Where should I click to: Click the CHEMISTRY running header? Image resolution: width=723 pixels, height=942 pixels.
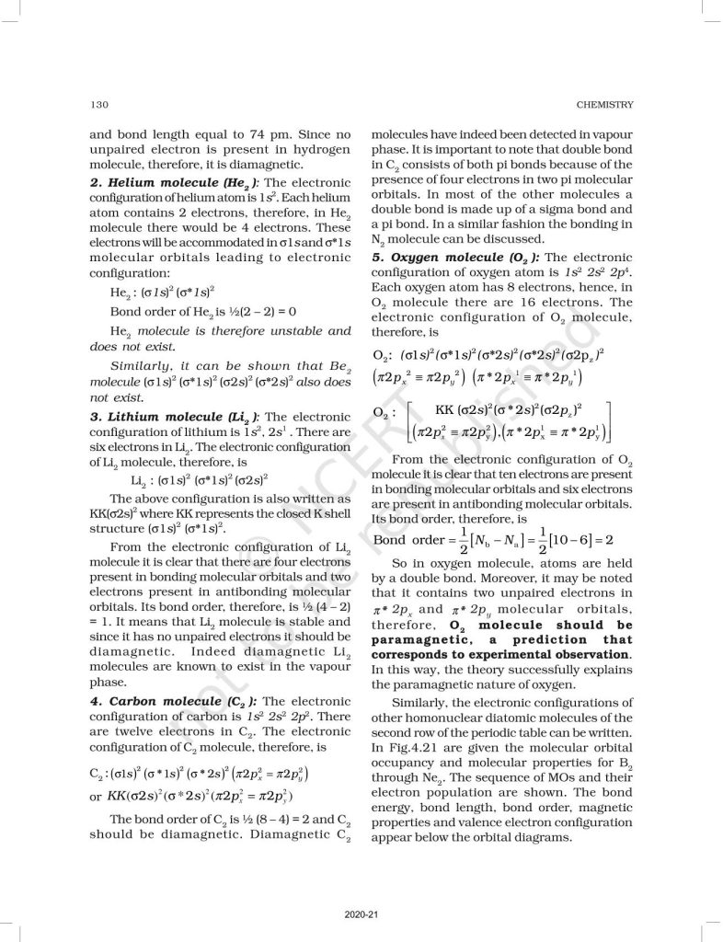[601, 102]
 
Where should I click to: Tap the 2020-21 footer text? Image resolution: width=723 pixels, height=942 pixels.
[361, 913]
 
